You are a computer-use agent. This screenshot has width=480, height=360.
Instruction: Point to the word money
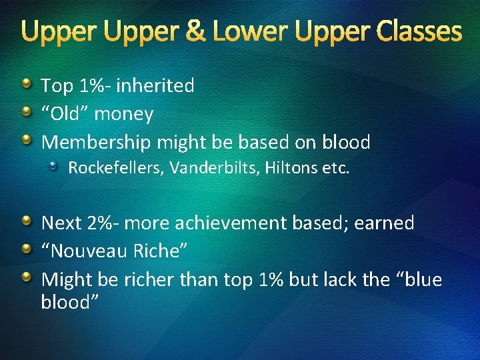coord(123,114)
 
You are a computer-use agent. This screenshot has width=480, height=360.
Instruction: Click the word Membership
coord(96,142)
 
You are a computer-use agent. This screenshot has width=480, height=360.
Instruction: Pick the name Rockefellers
coord(115,168)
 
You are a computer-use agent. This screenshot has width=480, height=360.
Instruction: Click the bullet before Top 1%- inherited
coord(26,85)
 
